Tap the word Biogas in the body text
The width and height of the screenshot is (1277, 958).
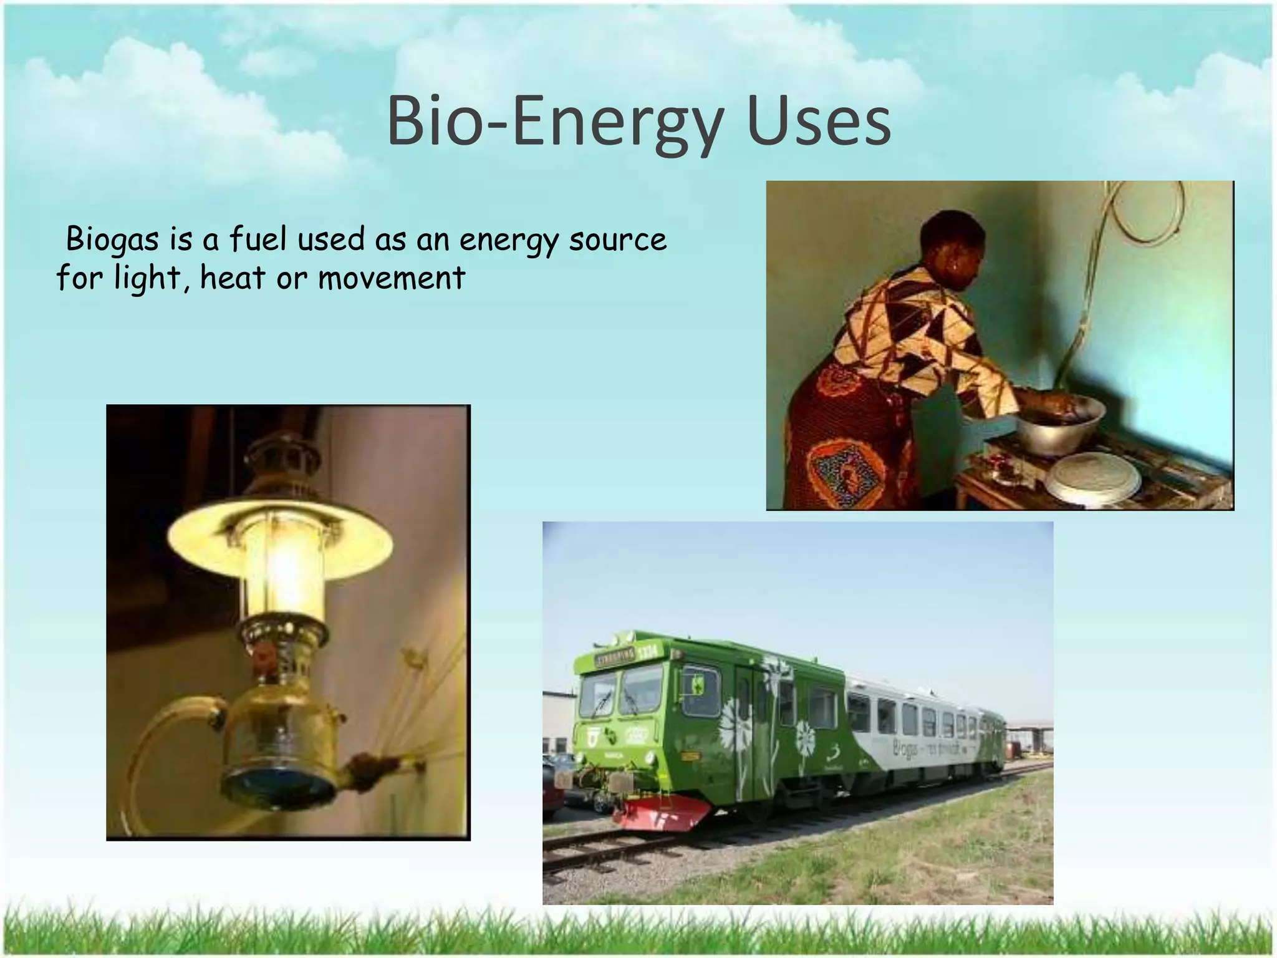[112, 240]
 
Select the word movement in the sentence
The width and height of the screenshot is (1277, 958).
[392, 278]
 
